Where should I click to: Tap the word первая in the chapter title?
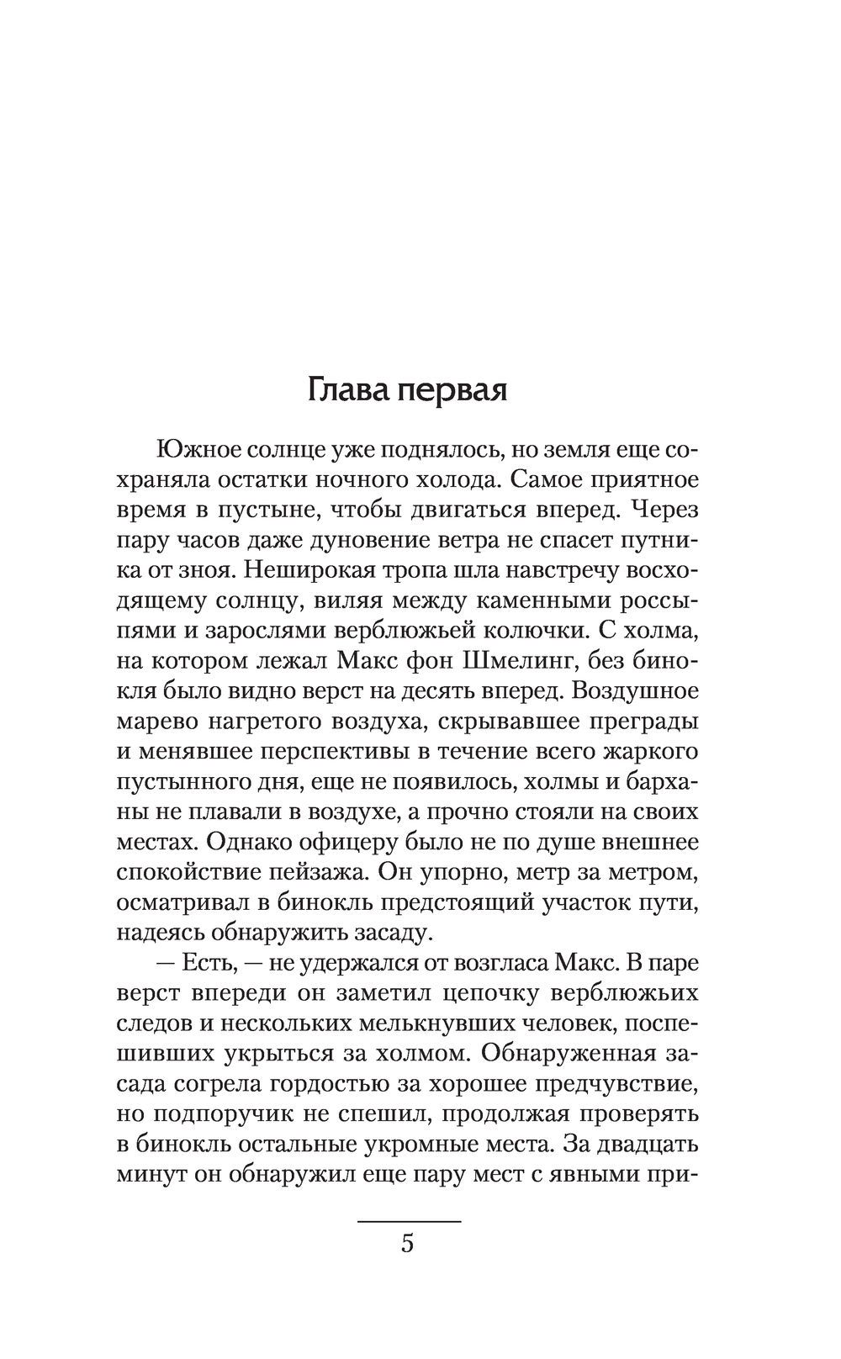pos(450,393)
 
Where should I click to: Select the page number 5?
pos(408,1243)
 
